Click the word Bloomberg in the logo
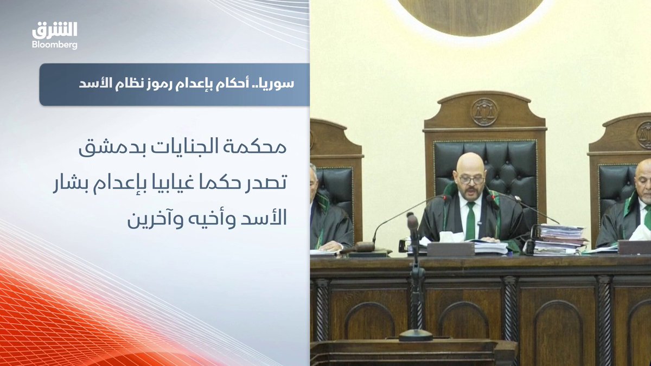pyautogui.click(x=55, y=45)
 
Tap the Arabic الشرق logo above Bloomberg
pyautogui.click(x=55, y=30)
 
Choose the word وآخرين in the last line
pyautogui.click(x=156, y=220)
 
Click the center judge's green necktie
pyautogui.click(x=470, y=221)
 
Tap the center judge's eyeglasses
pyautogui.click(x=471, y=180)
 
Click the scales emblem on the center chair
pyautogui.click(x=484, y=112)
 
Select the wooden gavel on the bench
pyautogui.click(x=363, y=247)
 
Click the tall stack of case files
pyautogui.click(x=559, y=240)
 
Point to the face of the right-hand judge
pyautogui.click(x=644, y=186)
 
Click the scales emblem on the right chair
pyautogui.click(x=644, y=135)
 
